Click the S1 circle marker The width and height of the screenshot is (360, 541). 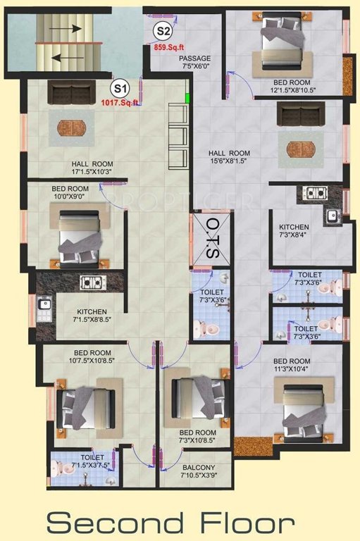tap(120, 89)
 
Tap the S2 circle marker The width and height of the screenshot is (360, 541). tap(163, 31)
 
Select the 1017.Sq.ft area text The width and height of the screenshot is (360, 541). tap(120, 104)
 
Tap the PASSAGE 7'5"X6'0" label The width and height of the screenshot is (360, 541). tap(194, 62)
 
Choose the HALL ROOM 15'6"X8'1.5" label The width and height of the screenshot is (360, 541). tap(229, 157)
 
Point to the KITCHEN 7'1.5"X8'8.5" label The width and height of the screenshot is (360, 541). tap(92, 316)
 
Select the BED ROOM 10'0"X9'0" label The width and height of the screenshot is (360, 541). tap(70, 193)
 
